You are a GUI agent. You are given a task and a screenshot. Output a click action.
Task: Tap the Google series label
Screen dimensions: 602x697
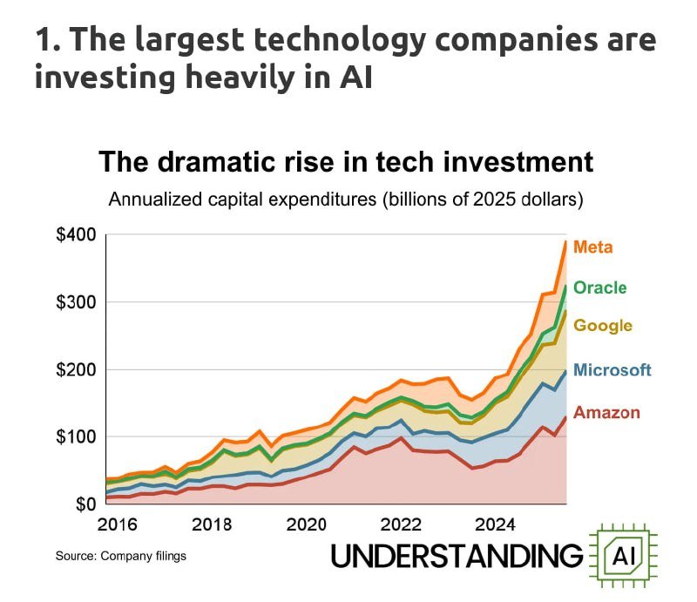tap(604, 326)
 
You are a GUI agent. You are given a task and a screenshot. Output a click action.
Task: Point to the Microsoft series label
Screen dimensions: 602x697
tap(613, 370)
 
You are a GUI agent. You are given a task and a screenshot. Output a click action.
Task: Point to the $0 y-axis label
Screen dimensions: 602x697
tap(82, 504)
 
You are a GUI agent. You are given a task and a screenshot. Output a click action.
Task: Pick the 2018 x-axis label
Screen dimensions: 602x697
tap(212, 525)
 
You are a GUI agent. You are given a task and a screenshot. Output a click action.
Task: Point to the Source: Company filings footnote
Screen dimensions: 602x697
tap(121, 555)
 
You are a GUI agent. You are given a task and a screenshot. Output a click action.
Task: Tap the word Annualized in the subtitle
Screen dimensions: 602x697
tap(155, 200)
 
